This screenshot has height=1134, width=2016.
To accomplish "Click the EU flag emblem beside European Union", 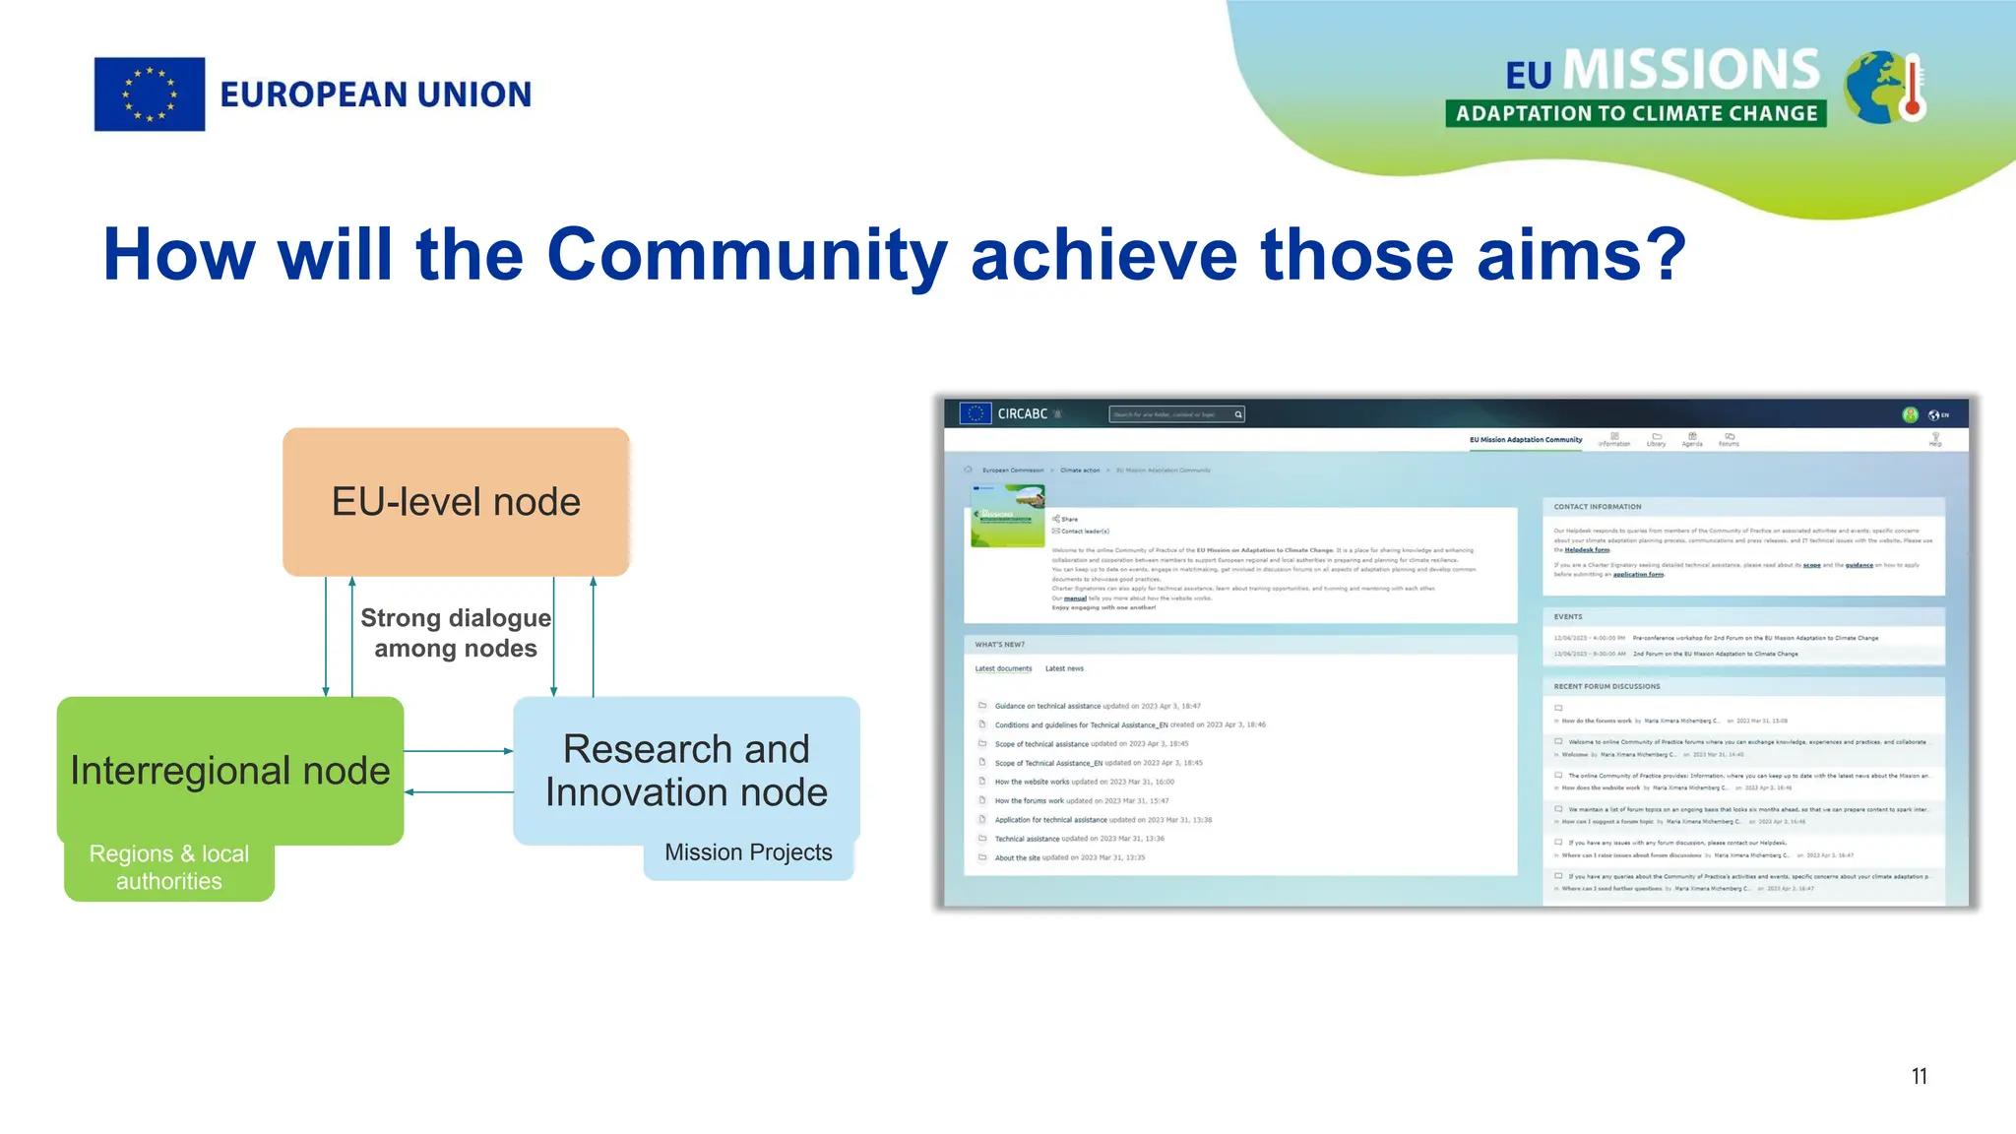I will (150, 94).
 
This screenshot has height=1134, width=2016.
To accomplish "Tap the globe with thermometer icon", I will (1884, 89).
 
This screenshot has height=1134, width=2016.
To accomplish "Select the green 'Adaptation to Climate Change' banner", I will (1635, 113).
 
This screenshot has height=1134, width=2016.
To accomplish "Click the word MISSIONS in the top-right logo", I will (1691, 70).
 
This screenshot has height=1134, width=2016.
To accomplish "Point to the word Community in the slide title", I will (746, 254).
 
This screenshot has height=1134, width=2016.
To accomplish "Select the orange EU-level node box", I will (456, 501).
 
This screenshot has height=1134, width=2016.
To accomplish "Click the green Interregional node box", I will (230, 770).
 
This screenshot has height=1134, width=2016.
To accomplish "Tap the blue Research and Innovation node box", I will (686, 770).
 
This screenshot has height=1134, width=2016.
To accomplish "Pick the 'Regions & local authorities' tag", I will (169, 868).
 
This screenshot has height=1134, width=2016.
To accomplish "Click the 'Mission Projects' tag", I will (748, 853).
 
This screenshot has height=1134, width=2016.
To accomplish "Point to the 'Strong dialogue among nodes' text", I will (456, 633).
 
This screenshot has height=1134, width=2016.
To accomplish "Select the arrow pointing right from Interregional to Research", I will (459, 751).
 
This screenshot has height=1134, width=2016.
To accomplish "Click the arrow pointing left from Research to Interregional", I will (459, 791).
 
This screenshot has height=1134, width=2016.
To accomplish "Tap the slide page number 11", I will (1919, 1076).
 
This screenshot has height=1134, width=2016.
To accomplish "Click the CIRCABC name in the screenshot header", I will (1022, 414).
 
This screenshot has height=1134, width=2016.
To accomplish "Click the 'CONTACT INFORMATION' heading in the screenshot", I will (1597, 507).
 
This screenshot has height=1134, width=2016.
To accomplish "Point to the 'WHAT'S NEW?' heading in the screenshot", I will (999, 645).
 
